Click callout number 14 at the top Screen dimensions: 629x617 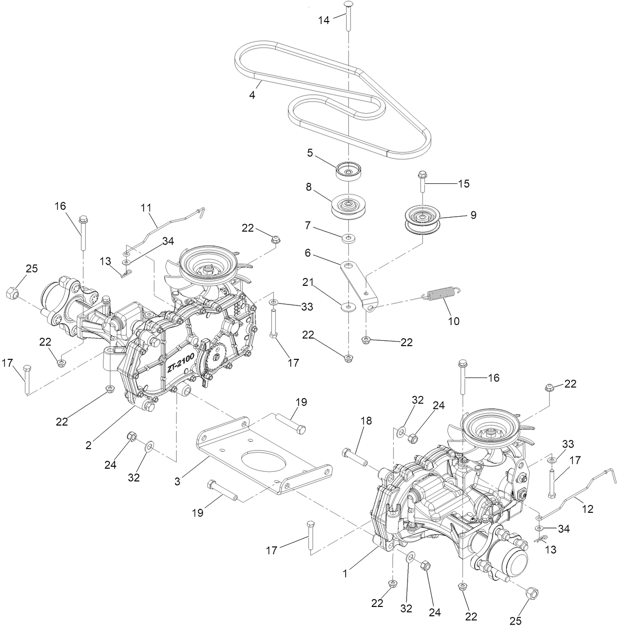pos(324,20)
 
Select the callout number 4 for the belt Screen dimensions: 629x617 pos(252,95)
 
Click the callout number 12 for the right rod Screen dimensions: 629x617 pos(588,509)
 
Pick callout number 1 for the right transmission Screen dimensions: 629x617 pos(346,572)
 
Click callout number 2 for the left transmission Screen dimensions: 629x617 pos(88,445)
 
